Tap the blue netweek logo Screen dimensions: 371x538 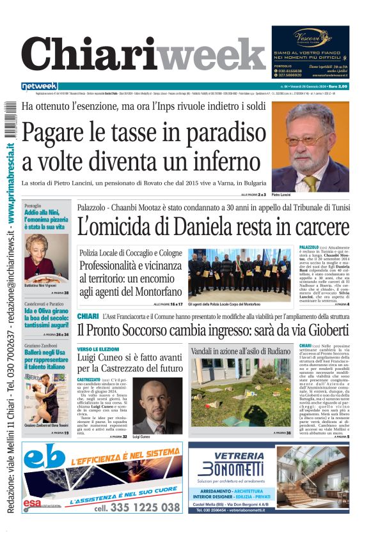40,86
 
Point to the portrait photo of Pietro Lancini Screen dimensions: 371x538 310,146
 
